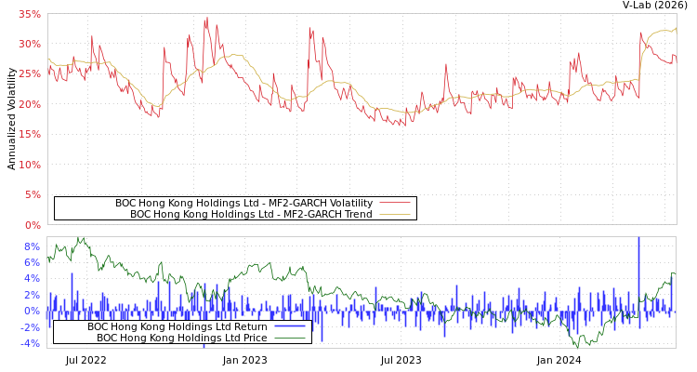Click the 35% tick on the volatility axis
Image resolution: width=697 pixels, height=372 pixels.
point(29,15)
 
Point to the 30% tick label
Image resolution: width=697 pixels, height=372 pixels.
point(29,45)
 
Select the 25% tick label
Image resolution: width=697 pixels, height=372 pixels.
point(29,74)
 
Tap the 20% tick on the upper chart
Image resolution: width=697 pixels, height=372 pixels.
point(29,104)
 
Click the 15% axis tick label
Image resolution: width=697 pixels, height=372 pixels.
point(29,135)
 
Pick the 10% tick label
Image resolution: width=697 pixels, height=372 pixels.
point(29,165)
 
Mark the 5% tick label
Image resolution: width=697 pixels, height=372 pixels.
point(32,195)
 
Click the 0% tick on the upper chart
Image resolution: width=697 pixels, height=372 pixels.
point(32,225)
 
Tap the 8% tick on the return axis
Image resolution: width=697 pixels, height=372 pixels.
point(32,246)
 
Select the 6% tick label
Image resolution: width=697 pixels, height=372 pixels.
point(32,262)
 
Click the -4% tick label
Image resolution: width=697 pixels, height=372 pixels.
point(30,343)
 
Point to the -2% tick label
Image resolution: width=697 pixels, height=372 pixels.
point(30,327)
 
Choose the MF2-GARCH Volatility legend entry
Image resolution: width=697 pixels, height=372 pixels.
point(243,203)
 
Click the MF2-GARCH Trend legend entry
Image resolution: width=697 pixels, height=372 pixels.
point(251,214)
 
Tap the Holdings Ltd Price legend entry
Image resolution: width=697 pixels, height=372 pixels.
point(181,338)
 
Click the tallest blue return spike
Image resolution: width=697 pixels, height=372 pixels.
point(638,239)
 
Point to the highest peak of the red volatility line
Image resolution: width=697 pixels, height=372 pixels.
point(206,17)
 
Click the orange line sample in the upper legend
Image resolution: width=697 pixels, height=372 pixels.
point(394,214)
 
